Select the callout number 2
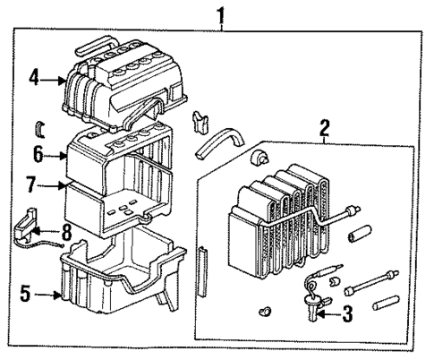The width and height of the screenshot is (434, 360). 323,128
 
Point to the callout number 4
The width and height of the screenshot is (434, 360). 34,79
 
